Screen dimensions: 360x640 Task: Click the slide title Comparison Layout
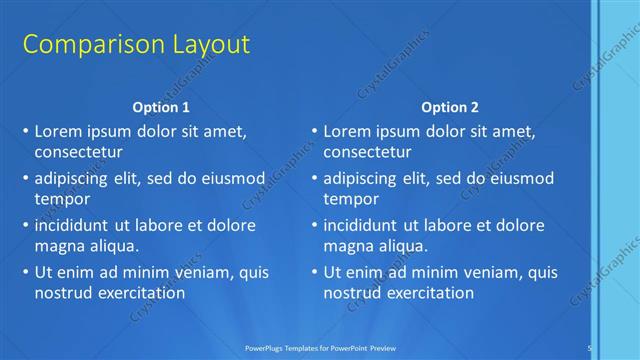click(136, 45)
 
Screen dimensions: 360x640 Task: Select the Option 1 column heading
click(160, 107)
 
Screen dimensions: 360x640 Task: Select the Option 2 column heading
click(449, 107)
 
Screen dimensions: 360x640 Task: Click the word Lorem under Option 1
click(58, 131)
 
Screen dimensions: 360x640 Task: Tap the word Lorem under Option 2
click(347, 131)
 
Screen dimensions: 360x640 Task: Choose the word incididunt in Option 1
click(76, 225)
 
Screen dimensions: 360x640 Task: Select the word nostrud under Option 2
click(353, 293)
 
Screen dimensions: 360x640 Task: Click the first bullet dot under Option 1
click(25, 132)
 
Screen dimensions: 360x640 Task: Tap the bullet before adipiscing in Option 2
click(314, 179)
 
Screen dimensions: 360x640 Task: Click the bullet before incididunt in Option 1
click(25, 226)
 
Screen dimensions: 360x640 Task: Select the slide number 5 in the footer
click(590, 347)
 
